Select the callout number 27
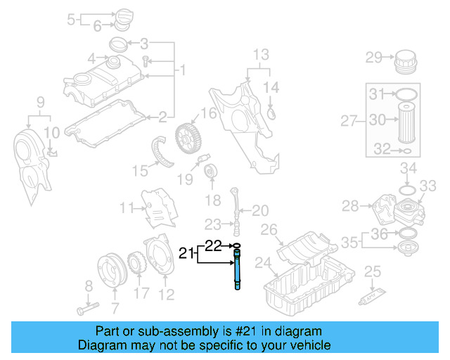point(349,121)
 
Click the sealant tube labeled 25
point(373,298)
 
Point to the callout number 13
point(261,54)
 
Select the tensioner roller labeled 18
point(210,172)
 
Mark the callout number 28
point(350,205)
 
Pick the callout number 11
point(127,208)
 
